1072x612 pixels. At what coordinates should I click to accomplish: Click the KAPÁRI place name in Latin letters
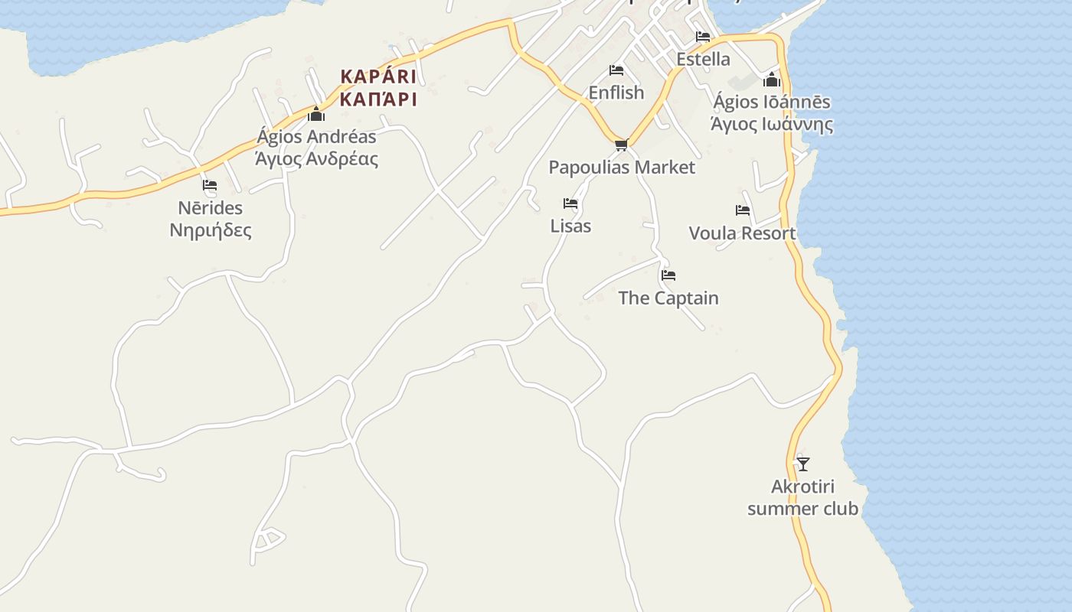coord(378,76)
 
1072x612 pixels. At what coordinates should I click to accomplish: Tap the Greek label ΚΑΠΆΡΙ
coord(378,99)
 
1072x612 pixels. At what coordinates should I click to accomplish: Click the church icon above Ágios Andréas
coord(316,116)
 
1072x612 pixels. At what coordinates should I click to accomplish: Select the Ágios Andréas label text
coord(316,137)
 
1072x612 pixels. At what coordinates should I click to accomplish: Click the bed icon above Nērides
coord(210,185)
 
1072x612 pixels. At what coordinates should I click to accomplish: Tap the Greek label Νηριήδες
coord(211,230)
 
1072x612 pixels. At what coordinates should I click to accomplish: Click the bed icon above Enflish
coord(616,70)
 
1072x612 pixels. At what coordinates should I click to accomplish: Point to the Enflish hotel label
coord(616,93)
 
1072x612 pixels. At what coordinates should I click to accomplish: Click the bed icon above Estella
coord(703,37)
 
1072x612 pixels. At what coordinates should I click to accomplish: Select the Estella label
coord(703,59)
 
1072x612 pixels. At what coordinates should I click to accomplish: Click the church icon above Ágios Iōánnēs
coord(772,80)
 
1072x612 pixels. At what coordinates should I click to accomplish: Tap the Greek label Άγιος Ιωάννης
coord(772,124)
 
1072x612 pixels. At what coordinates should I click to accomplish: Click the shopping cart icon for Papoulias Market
coord(622,145)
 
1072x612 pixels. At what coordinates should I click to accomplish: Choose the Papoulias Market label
coord(622,167)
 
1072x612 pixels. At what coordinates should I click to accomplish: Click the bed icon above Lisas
coord(570,203)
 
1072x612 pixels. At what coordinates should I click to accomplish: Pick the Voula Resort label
coord(742,233)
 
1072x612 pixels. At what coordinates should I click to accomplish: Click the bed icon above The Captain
coord(668,275)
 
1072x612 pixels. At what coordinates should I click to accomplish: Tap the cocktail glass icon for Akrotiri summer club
coord(802,464)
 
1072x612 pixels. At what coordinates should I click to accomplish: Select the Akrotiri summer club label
coord(802,497)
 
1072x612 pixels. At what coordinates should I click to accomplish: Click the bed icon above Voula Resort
coord(743,210)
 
